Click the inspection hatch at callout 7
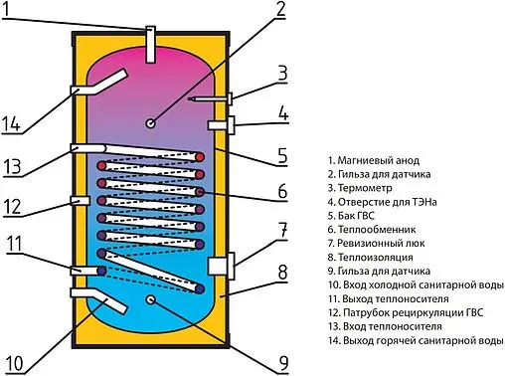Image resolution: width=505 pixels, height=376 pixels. click(x=221, y=266)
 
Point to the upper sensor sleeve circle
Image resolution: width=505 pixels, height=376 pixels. click(x=149, y=123)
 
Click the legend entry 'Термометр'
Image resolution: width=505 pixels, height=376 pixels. click(x=366, y=186)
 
